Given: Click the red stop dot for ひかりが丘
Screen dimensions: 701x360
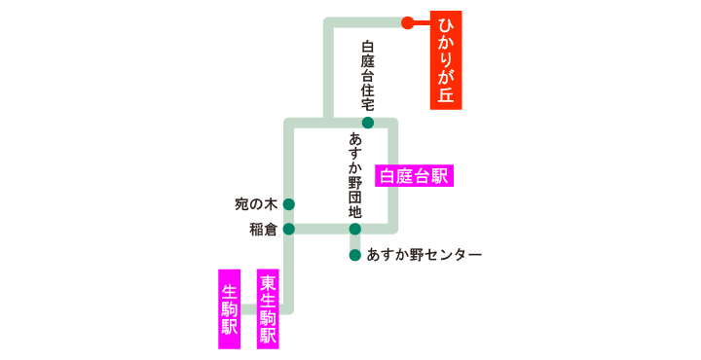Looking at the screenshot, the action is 408,22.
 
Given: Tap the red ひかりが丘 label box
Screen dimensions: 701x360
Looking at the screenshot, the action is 446,60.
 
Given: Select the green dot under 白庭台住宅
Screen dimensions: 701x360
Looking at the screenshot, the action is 368,123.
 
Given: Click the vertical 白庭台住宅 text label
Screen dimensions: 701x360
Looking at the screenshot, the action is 368,74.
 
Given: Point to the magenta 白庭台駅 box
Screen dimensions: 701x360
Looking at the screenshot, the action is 414,176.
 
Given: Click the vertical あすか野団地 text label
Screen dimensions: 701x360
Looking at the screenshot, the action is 355,175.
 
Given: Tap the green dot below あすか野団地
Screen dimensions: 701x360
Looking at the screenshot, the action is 355,230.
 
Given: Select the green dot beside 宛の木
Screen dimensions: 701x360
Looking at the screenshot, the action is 288,204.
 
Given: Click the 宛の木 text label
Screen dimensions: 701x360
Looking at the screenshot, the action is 256,204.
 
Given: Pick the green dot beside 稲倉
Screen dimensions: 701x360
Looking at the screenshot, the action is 288,230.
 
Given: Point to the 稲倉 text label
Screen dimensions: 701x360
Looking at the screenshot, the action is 263,230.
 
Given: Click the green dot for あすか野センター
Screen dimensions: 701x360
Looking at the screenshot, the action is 355,255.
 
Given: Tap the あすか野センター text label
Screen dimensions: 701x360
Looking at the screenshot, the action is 424,255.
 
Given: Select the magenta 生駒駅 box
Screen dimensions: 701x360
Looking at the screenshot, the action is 230,308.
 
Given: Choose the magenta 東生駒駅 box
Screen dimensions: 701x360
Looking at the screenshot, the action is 268,308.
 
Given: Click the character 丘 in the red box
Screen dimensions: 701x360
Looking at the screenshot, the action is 446,94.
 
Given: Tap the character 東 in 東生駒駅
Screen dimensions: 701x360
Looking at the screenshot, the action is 268,282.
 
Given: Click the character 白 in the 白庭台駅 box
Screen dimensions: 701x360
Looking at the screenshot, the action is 388,176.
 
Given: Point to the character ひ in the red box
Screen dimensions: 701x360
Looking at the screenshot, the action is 446,25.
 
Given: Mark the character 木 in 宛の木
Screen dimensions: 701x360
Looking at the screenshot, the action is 271,204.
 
